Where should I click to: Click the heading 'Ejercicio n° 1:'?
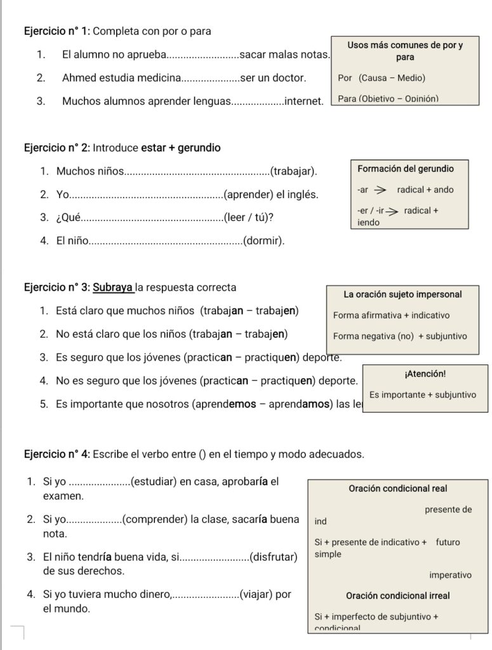pyautogui.click(x=57, y=31)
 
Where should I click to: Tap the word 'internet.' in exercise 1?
pyautogui.click(x=305, y=101)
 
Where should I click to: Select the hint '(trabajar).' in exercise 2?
pyautogui.click(x=294, y=171)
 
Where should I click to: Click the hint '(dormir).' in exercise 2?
pyautogui.click(x=264, y=241)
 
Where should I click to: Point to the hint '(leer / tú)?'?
pyautogui.click(x=249, y=218)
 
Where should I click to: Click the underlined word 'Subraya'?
pyautogui.click(x=113, y=288)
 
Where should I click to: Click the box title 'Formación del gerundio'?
pyautogui.click(x=406, y=169)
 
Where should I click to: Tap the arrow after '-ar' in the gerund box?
pyautogui.click(x=380, y=190)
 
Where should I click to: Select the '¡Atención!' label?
pyautogui.click(x=425, y=375)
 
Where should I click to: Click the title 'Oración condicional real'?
pyautogui.click(x=398, y=489)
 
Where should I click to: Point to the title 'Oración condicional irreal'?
pyautogui.click(x=398, y=596)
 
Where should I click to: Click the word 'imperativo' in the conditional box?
pyautogui.click(x=450, y=575)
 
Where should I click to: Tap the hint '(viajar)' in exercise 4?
pyautogui.click(x=256, y=595)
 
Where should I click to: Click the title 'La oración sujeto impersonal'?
pyautogui.click(x=402, y=295)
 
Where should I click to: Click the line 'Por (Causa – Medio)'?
pyautogui.click(x=382, y=78)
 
